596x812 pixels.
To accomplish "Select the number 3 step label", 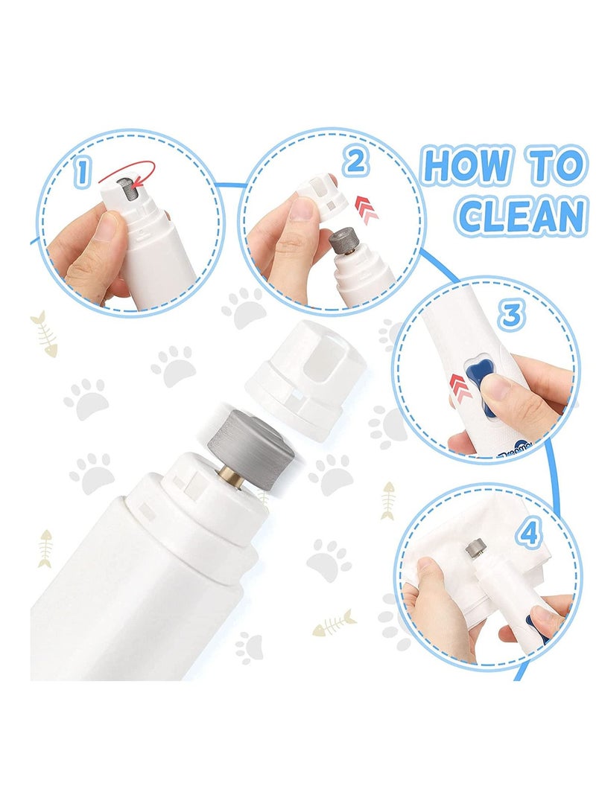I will click(x=509, y=316).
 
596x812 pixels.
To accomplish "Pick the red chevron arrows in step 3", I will click(x=460, y=387).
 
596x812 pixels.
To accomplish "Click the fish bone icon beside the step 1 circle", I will click(x=44, y=333).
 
